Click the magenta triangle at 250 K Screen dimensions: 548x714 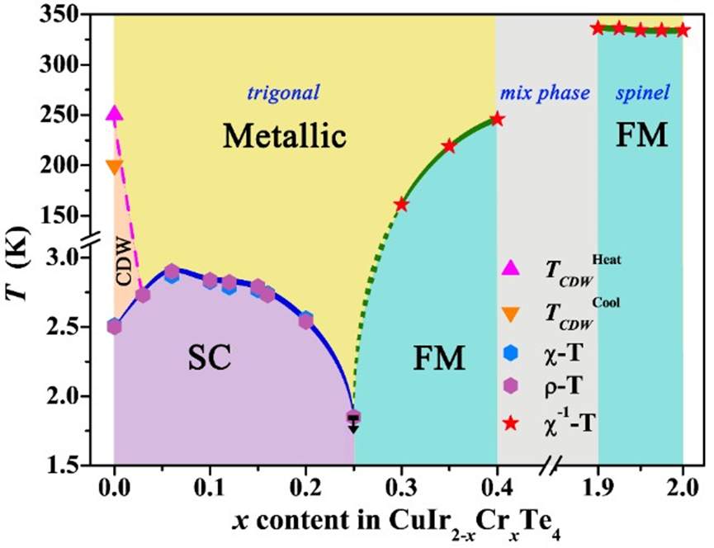coord(115,115)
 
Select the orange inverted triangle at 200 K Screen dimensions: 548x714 coord(115,167)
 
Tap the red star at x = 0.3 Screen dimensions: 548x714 coord(401,204)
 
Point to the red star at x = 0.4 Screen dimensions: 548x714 coord(497,119)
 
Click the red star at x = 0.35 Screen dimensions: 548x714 coord(449,146)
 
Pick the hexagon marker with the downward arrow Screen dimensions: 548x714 coord(353,418)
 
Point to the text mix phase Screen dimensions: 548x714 coord(545,91)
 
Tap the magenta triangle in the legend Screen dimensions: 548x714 coord(511,266)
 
